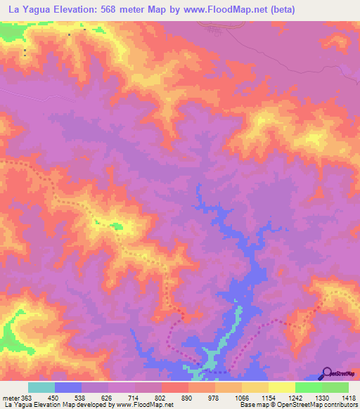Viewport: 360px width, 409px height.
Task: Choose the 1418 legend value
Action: click(x=347, y=398)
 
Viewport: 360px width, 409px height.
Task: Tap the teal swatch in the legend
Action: click(x=41, y=387)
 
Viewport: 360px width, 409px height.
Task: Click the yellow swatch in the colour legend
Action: click(x=281, y=387)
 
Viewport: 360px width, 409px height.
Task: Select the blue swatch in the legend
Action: click(x=68, y=387)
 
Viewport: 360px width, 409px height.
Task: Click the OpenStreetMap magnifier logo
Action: click(x=326, y=373)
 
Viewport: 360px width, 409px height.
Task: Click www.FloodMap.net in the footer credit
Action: click(x=145, y=405)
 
